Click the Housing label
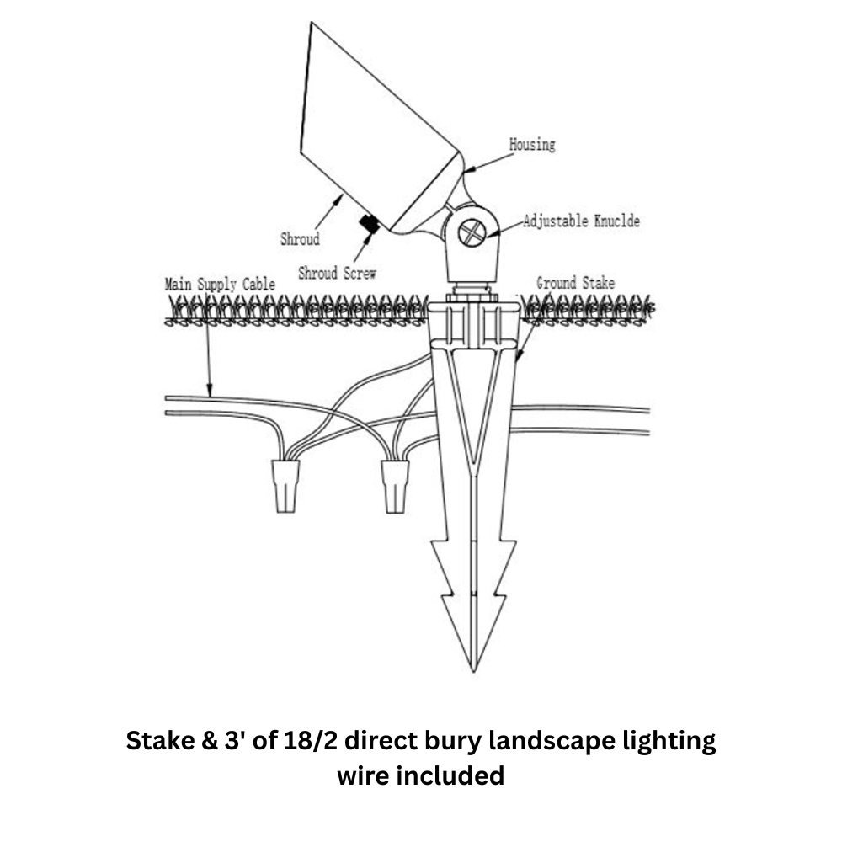[x=532, y=145]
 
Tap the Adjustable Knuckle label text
[x=582, y=221]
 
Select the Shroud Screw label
[x=338, y=274]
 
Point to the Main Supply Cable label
[x=220, y=285]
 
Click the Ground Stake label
[x=576, y=283]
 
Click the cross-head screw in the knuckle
[x=472, y=233]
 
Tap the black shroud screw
[x=370, y=223]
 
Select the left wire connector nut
[x=285, y=487]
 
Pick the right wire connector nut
[x=395, y=487]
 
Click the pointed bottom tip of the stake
[x=473, y=672]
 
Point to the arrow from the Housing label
[x=488, y=163]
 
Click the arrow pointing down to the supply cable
[x=208, y=344]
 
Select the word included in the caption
[x=455, y=776]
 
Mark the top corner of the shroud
[x=312, y=23]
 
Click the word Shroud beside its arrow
[x=301, y=239]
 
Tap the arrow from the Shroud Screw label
[x=363, y=247]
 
